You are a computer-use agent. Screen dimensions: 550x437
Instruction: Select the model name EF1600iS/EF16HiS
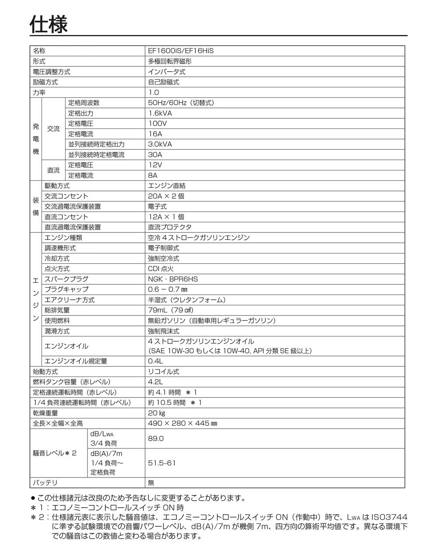pyautogui.click(x=180, y=51)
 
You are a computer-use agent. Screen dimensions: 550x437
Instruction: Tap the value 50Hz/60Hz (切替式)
pyautogui.click(x=181, y=103)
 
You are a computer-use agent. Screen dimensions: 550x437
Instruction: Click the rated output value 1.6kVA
pyautogui.click(x=160, y=113)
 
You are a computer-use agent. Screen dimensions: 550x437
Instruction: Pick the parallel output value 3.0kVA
pyautogui.click(x=160, y=144)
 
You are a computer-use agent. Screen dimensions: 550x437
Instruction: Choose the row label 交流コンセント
pyautogui.click(x=66, y=196)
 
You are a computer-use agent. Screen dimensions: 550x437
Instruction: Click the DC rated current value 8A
pyautogui.click(x=153, y=176)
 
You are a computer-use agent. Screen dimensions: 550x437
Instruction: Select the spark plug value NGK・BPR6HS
pyautogui.click(x=173, y=279)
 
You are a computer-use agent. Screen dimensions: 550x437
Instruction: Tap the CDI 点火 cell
pyautogui.click(x=161, y=269)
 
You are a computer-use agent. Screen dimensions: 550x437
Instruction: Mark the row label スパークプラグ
pyautogui.click(x=66, y=279)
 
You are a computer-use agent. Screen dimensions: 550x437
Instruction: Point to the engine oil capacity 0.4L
pyautogui.click(x=155, y=361)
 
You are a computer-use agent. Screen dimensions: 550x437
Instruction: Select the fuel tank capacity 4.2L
pyautogui.click(x=155, y=382)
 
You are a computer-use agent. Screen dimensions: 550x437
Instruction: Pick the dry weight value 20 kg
pyautogui.click(x=156, y=413)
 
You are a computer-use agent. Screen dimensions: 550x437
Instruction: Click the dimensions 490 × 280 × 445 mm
pyautogui.click(x=182, y=423)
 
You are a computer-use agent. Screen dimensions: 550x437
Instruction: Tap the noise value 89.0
pyautogui.click(x=156, y=438)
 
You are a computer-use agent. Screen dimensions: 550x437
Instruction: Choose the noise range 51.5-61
pyautogui.click(x=162, y=463)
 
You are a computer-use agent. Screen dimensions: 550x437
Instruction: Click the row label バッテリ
pyautogui.click(x=45, y=483)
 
